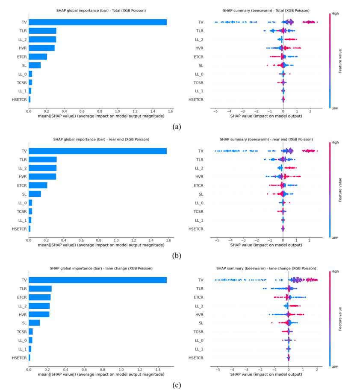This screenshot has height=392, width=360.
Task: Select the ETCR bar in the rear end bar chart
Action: [x=38, y=185]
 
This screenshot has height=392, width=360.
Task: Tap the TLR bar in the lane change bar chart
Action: [x=40, y=289]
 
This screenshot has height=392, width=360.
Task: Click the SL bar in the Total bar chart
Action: [x=35, y=65]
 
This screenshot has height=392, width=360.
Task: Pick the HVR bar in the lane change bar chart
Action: [x=39, y=314]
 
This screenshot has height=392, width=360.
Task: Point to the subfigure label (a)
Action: [x=177, y=126]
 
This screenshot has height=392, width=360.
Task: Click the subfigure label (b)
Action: [x=177, y=256]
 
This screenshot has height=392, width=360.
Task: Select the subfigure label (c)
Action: [x=177, y=385]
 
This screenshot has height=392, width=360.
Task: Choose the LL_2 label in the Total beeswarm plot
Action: [x=198, y=39]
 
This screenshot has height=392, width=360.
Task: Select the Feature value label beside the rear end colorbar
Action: [x=340, y=190]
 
